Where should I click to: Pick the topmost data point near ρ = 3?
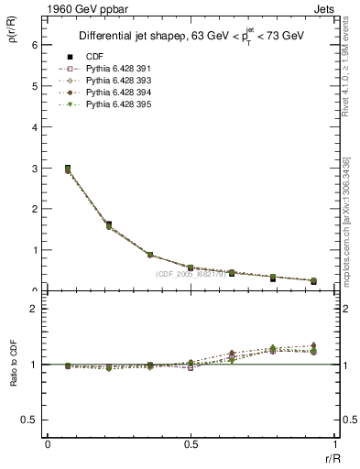68,169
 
